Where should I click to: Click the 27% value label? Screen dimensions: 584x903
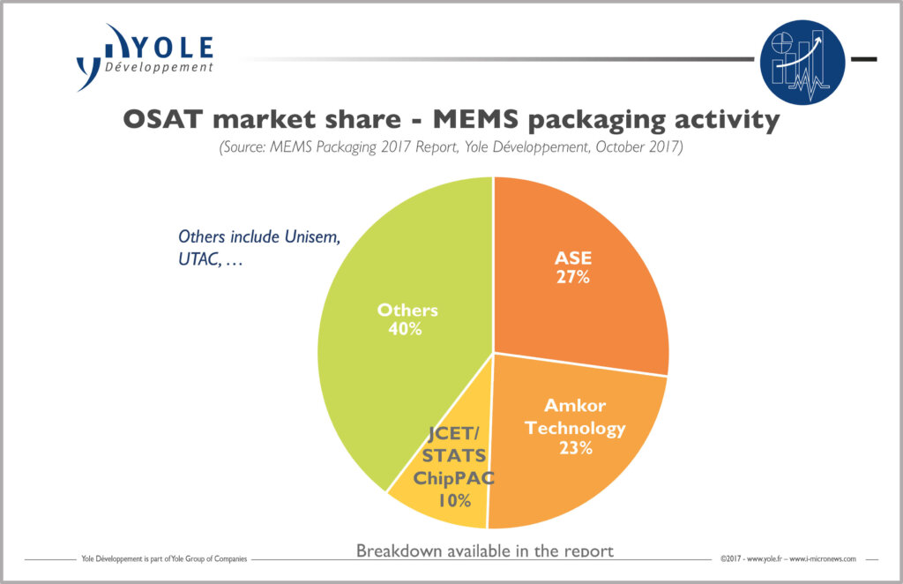click(x=572, y=277)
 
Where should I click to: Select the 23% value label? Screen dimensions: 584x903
click(x=574, y=448)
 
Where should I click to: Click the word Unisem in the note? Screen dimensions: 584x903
click(x=309, y=236)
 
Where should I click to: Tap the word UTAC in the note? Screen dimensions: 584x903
click(x=198, y=262)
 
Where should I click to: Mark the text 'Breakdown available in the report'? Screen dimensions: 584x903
click(x=484, y=550)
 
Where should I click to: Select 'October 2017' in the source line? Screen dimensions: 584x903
click(x=637, y=147)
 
